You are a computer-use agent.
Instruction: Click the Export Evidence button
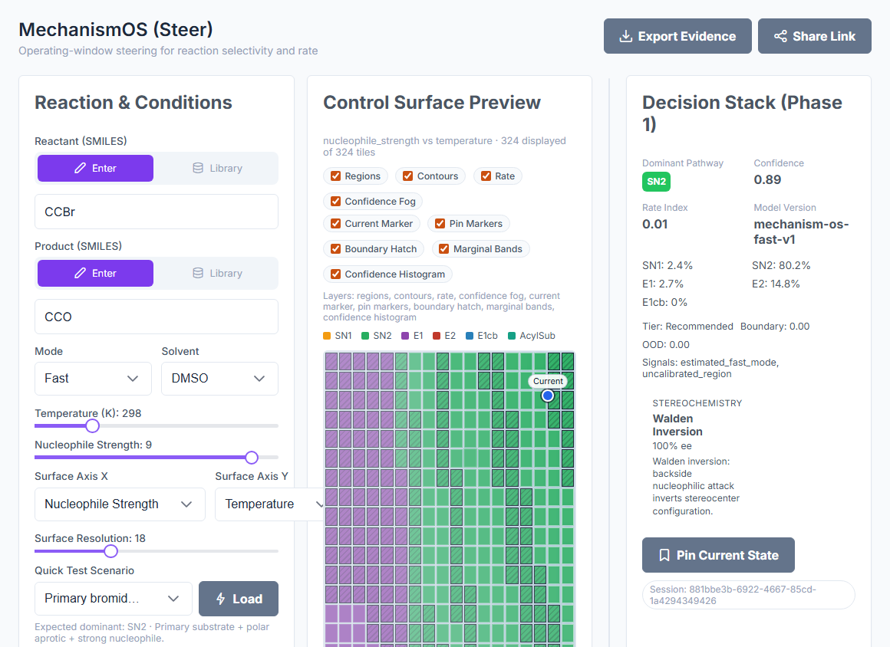(x=677, y=36)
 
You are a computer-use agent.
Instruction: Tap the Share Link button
(x=815, y=36)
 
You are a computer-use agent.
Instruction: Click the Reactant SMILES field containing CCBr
(x=157, y=212)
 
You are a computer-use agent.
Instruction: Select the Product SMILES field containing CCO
(x=157, y=317)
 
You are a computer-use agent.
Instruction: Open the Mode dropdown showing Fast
(x=93, y=378)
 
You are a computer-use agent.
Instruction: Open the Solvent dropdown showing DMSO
(x=219, y=378)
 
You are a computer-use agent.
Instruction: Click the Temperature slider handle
(x=93, y=426)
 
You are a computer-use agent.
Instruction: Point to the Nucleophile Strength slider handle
(x=252, y=457)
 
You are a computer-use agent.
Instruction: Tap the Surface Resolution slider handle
(x=110, y=551)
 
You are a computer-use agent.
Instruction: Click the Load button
(x=239, y=599)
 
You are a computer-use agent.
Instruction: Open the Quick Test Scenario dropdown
(x=114, y=599)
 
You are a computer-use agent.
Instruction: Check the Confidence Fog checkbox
(x=336, y=202)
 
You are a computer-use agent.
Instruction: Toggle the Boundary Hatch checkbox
(x=336, y=249)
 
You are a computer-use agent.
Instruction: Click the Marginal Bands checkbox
(x=444, y=249)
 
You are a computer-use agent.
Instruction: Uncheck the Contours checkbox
(x=407, y=176)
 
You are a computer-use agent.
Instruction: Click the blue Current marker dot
(x=548, y=396)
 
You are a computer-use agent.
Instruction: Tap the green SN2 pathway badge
(x=656, y=182)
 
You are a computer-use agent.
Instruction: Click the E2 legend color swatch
(x=437, y=336)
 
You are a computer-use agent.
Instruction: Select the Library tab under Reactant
(x=217, y=169)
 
